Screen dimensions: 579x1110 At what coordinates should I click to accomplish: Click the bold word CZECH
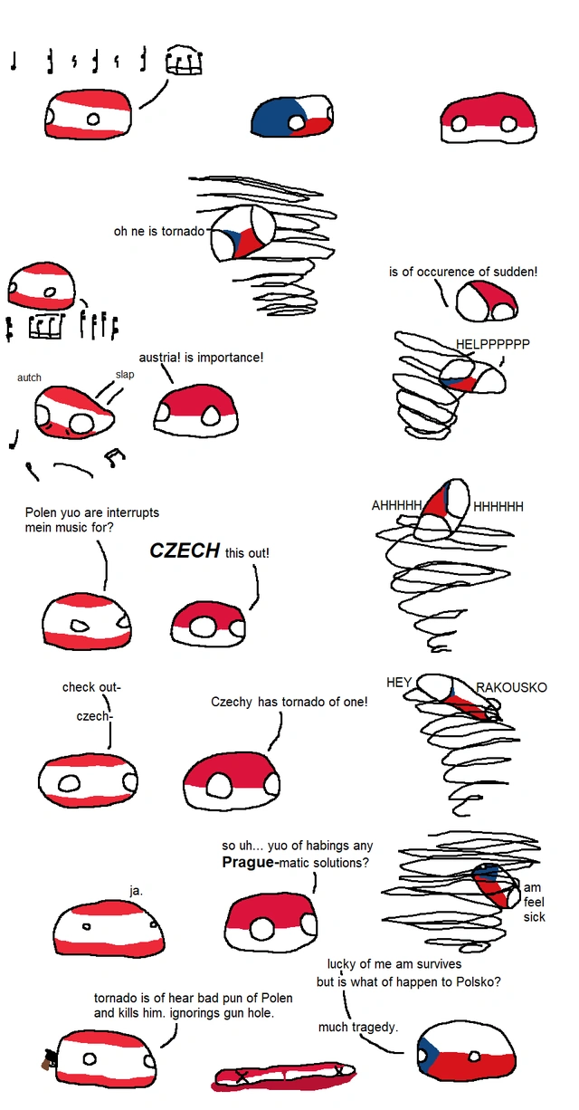(185, 550)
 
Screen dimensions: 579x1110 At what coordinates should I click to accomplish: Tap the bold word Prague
(248, 862)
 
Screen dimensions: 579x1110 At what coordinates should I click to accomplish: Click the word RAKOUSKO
(512, 687)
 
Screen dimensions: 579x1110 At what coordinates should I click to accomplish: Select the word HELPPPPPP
(493, 344)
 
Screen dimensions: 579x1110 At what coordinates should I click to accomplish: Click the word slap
(125, 374)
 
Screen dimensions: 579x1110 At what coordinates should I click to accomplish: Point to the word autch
(29, 378)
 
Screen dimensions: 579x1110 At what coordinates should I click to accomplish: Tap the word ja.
(136, 891)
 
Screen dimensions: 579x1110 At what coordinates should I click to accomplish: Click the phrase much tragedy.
(358, 1028)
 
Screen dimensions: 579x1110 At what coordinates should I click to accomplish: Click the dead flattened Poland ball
(284, 1077)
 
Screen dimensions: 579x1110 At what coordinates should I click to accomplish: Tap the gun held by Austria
(49, 1059)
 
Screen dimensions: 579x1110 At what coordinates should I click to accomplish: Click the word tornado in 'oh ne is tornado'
(183, 231)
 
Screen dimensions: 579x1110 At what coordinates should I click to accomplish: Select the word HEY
(399, 683)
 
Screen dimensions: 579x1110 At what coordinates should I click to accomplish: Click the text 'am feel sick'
(534, 902)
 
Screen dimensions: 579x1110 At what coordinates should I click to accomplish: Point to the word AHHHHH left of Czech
(397, 505)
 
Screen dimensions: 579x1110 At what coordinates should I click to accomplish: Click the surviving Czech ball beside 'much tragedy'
(467, 1051)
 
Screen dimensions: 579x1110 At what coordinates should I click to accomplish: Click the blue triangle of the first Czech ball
(272, 117)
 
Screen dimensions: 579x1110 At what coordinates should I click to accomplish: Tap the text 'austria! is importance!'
(201, 358)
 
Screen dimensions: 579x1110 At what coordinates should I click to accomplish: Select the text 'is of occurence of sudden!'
(463, 272)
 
